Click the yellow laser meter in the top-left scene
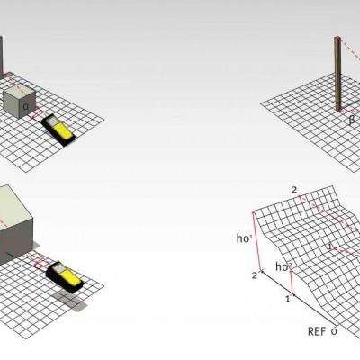click(61, 129)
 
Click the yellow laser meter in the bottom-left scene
click(64, 274)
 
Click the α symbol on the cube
click(26, 105)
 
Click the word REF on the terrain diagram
click(315, 331)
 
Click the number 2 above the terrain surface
click(293, 189)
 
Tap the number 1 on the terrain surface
click(330, 245)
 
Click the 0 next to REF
click(334, 331)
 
